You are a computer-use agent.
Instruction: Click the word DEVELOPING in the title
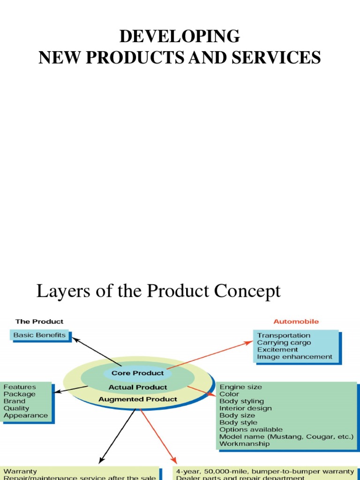coord(180,36)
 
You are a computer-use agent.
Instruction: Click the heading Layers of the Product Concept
coord(158,291)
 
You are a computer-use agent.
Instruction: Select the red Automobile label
coord(296,322)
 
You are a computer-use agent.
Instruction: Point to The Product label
coord(39,322)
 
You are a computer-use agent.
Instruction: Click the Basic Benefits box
coord(40,335)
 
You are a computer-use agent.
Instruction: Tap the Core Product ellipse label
coord(137,373)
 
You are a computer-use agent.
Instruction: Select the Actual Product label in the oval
coord(138,387)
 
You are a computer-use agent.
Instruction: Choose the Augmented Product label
coord(138,399)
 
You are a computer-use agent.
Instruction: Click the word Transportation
coord(284,336)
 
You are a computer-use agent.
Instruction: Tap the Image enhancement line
coord(294,357)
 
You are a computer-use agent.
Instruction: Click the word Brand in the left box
coord(15,401)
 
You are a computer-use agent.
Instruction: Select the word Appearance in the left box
coord(26,415)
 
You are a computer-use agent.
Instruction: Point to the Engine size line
coord(240,387)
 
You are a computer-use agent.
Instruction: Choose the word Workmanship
coord(244,443)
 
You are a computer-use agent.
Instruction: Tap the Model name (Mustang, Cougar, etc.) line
coord(286,436)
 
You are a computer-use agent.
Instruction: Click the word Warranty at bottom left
coord(20,471)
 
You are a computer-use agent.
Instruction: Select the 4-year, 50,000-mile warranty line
coord(265,471)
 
